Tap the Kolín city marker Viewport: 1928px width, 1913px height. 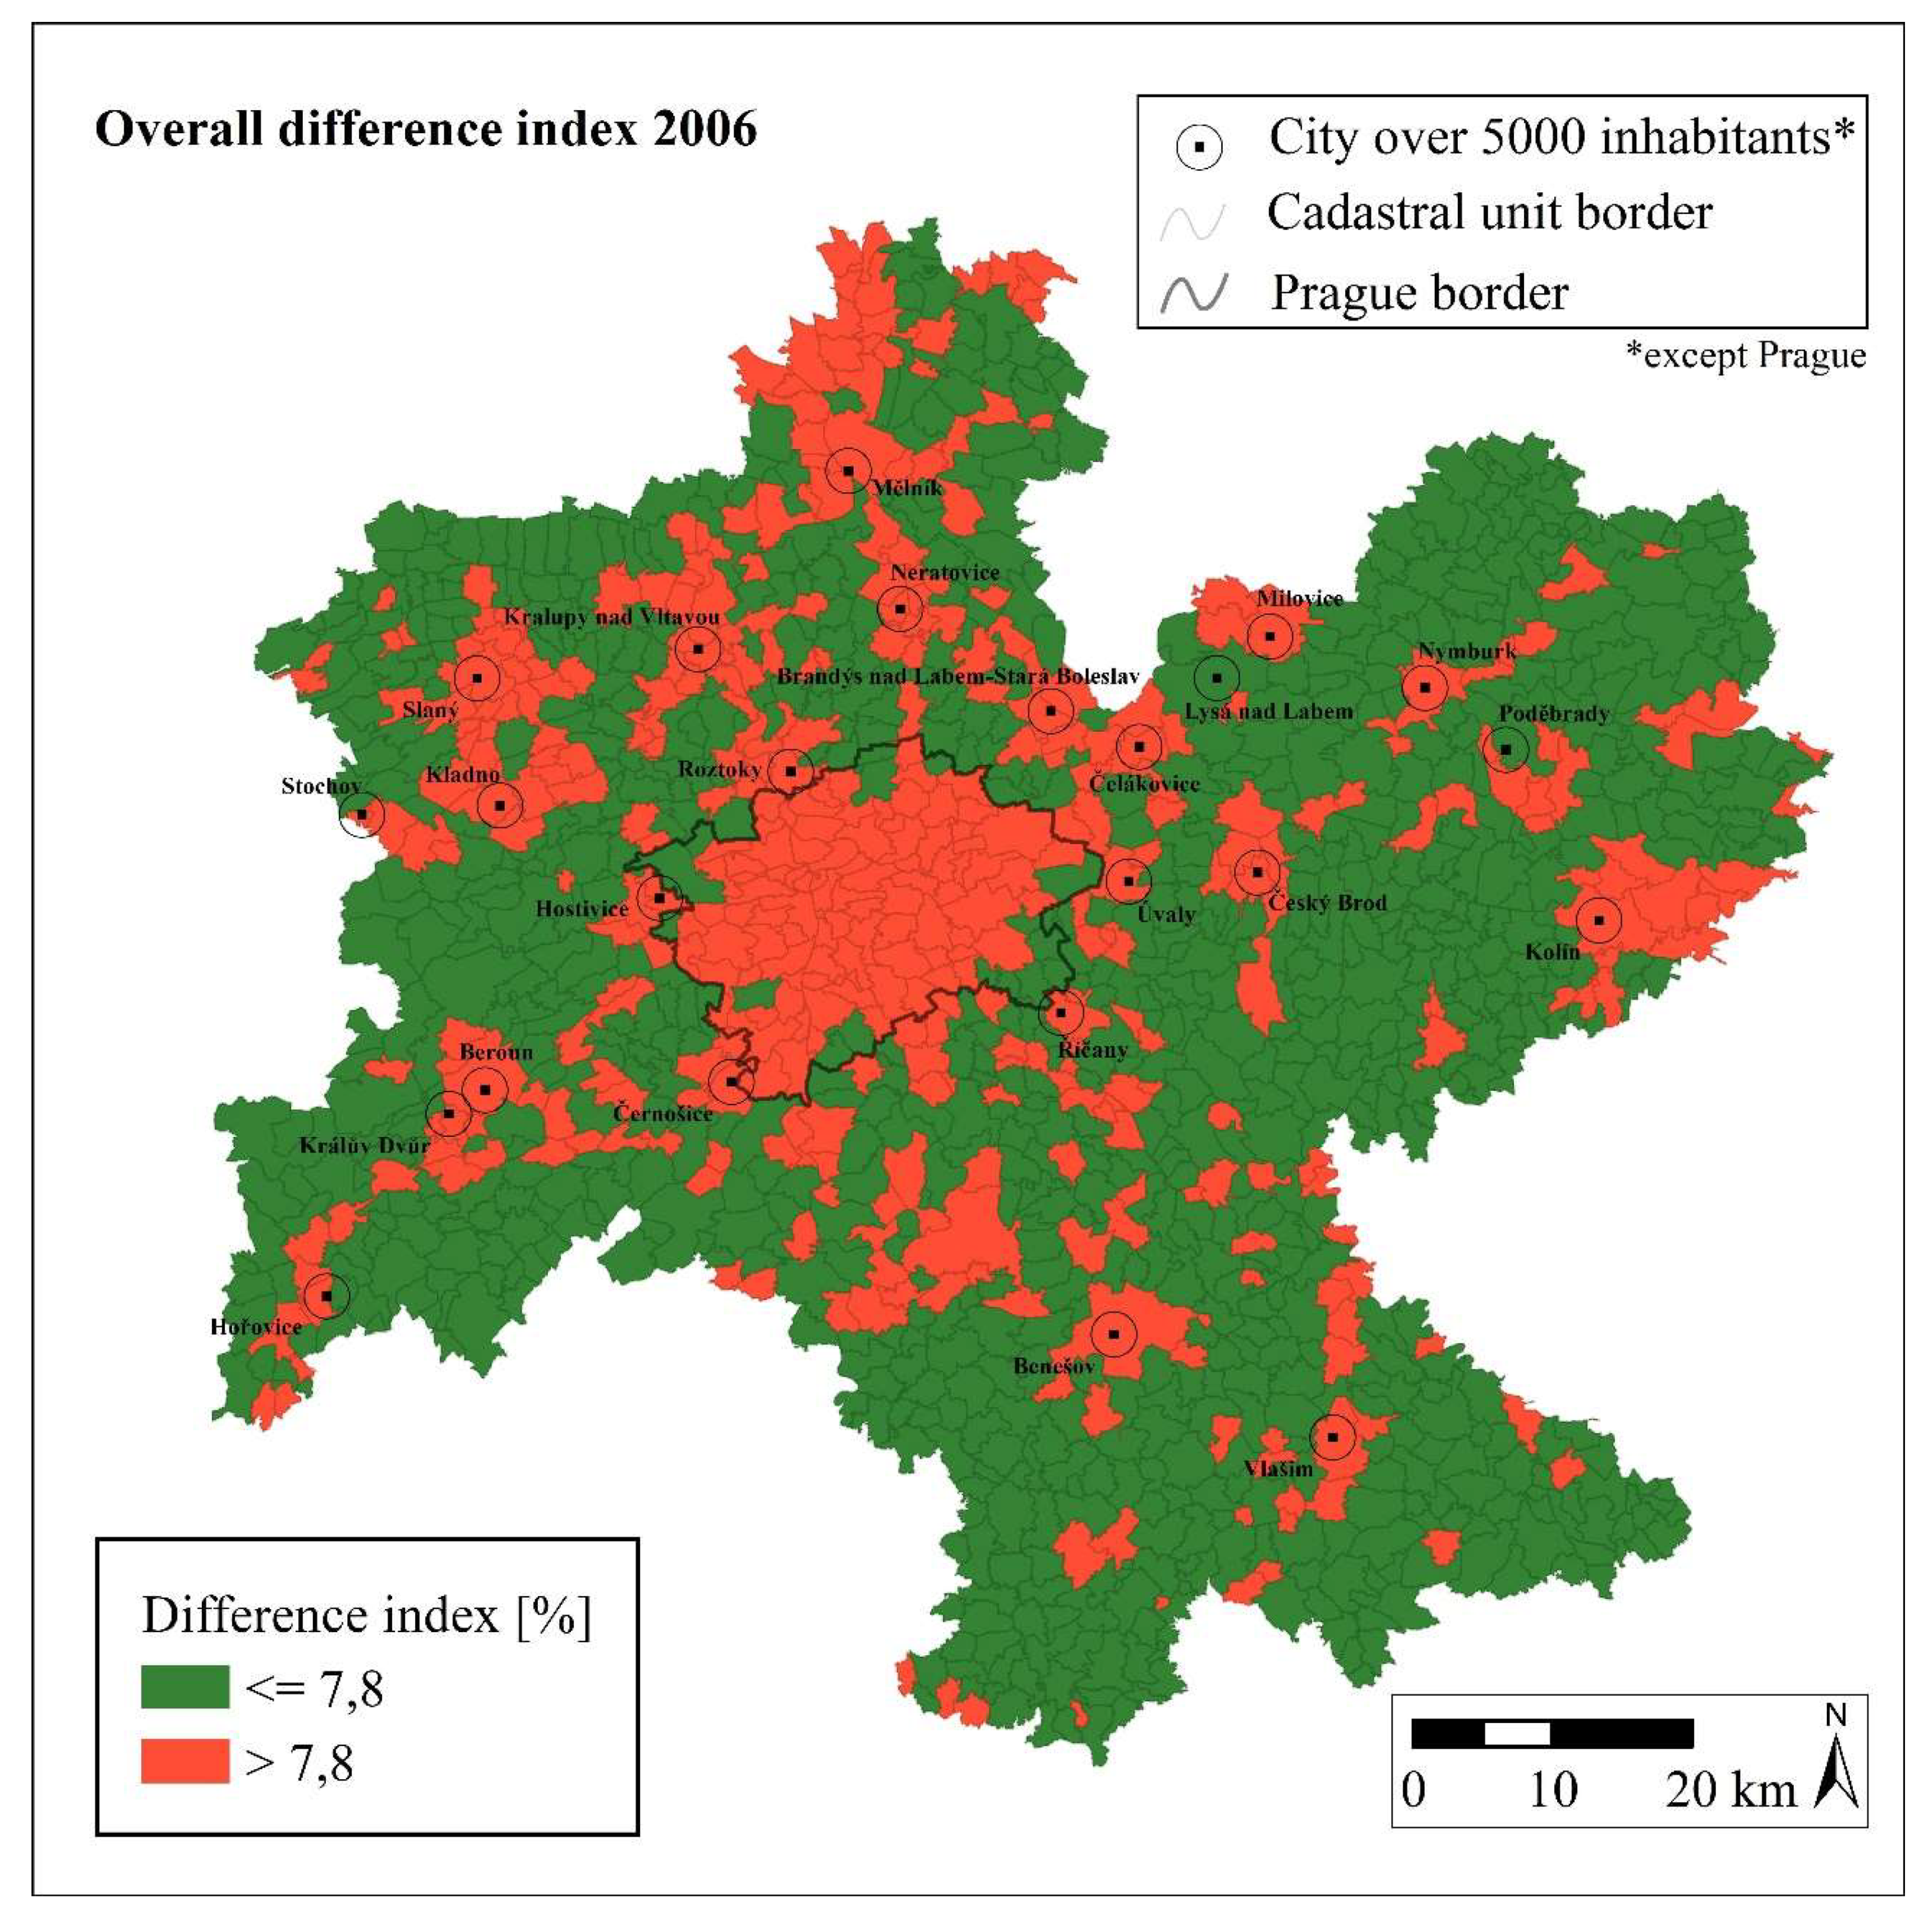coord(1598,920)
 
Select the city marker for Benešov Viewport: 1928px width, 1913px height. coord(1114,1334)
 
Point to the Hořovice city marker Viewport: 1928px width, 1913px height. coord(327,1295)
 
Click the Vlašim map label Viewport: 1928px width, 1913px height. coord(1278,1469)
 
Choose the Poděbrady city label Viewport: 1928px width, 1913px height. coord(1554,713)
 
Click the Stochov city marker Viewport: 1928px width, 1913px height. coord(362,815)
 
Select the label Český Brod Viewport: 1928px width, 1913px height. coord(1328,903)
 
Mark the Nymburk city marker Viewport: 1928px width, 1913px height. coord(1425,687)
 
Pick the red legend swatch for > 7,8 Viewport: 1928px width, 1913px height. coord(185,1762)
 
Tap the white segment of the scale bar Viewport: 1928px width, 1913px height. coord(1517,1733)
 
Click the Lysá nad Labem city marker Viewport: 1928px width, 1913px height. coord(1216,677)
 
